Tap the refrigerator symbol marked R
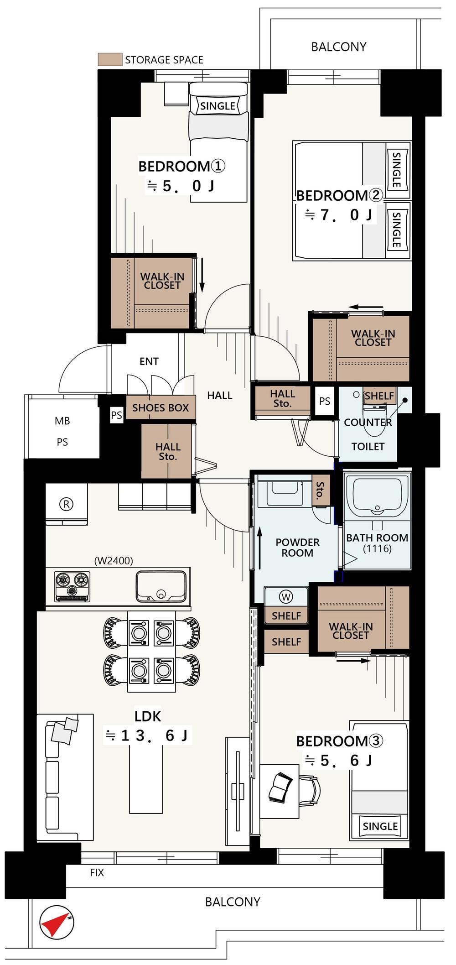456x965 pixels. tap(67, 505)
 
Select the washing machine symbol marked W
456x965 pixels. tap(286, 597)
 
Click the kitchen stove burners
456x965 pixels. tap(72, 586)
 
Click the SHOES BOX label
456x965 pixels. tap(161, 408)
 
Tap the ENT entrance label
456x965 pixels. tap(149, 361)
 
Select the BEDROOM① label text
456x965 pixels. tap(181, 166)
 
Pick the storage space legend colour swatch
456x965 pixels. tap(110, 59)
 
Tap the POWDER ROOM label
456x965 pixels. tap(297, 548)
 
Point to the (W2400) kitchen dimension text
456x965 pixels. tap(114, 560)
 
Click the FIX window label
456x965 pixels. tap(97, 873)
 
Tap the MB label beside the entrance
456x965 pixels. tap(62, 421)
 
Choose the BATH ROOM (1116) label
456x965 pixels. tap(377, 543)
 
